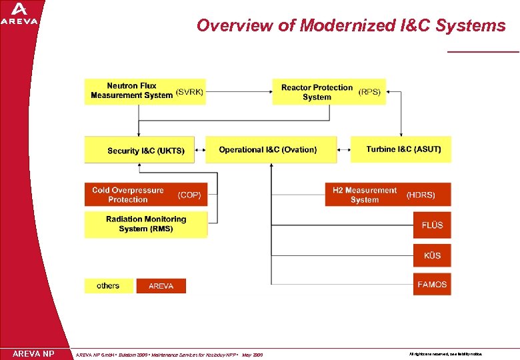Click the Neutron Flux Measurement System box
145,91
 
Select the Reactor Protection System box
329,92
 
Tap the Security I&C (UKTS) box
139,150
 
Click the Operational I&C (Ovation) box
271,149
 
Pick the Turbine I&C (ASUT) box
401,149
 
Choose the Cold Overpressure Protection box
145,195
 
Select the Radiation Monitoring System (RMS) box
145,224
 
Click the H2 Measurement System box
387,195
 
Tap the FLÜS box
432,225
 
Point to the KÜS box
432,255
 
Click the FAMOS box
432,285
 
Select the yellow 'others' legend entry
109,286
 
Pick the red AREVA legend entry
161,286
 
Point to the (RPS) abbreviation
370,92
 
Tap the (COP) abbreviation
189,195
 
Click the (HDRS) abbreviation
421,195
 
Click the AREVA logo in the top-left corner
19,13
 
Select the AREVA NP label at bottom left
33,353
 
